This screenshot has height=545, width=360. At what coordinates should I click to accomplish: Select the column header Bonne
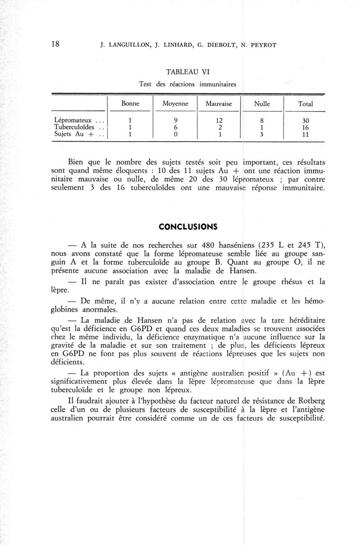tap(130, 104)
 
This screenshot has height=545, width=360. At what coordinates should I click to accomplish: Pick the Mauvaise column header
tap(218, 104)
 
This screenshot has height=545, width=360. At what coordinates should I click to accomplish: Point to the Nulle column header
tap(262, 104)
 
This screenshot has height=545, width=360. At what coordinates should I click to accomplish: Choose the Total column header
tap(306, 104)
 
